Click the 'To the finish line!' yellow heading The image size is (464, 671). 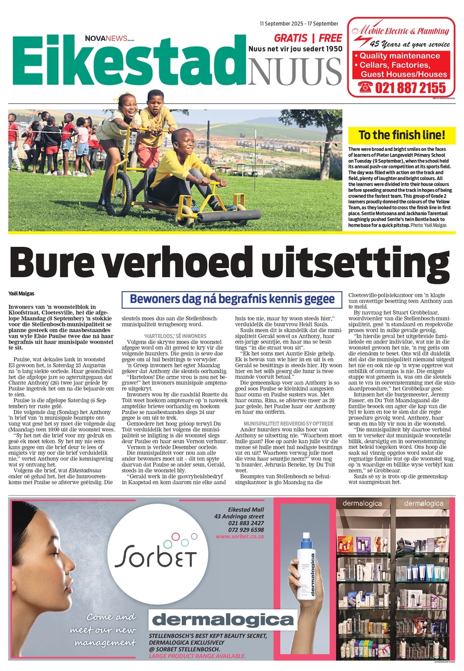click(x=402, y=135)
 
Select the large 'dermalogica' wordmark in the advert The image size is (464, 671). click(x=223, y=619)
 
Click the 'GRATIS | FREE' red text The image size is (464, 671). click(x=307, y=38)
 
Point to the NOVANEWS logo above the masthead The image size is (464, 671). click(x=109, y=37)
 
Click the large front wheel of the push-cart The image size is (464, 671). click(x=118, y=194)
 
